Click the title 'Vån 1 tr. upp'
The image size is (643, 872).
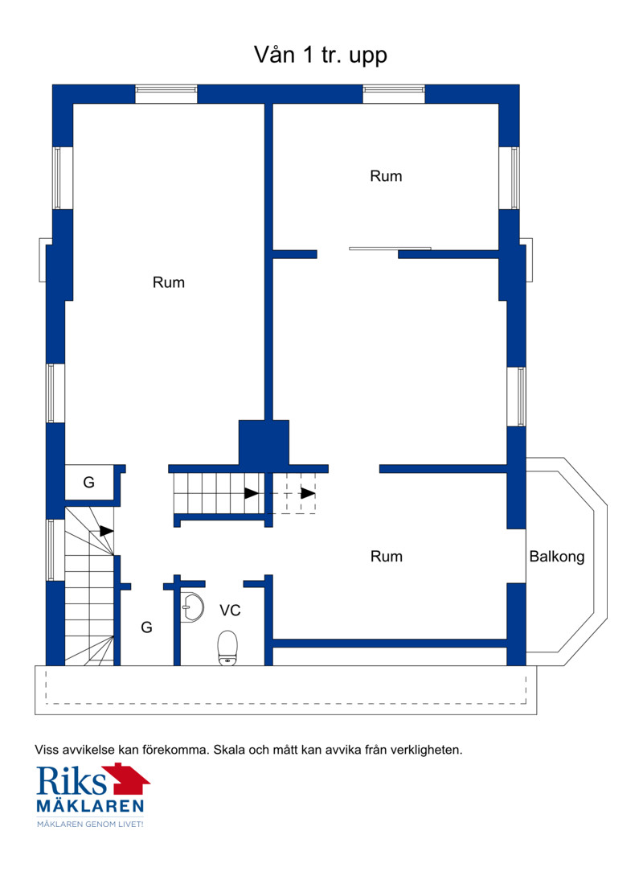point(320,55)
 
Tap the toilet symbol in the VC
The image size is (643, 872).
point(227,648)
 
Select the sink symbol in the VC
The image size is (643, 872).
point(193,607)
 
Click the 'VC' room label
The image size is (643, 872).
point(230,610)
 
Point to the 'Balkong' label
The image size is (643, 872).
point(557,557)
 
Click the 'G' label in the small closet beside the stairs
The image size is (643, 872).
point(89,482)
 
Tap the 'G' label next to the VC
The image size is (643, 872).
point(147,627)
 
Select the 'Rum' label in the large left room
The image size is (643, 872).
point(169,282)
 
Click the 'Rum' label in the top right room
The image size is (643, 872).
point(387,176)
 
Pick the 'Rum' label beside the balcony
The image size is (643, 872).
point(387,557)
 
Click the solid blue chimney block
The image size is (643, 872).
point(264,442)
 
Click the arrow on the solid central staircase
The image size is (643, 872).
point(252,493)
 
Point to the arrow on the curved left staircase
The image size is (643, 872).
point(107,531)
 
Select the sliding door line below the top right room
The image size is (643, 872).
point(390,248)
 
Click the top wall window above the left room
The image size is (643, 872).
point(166,94)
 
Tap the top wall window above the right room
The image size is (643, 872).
point(394,94)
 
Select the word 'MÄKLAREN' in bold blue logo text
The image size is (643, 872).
point(90,806)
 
